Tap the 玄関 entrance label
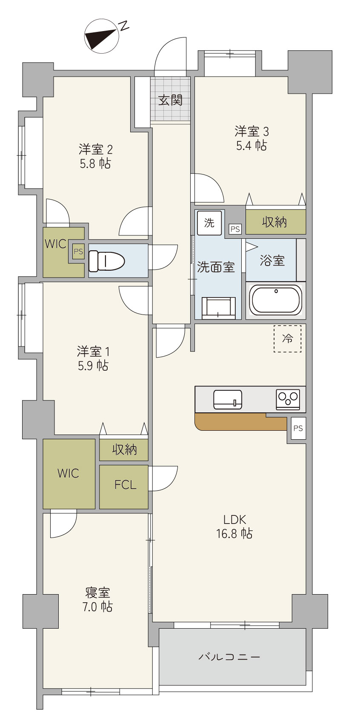pos(170,100)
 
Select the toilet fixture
pos(106,261)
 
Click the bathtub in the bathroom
pos(276,300)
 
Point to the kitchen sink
pos(228,400)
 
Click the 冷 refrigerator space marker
pos(288,338)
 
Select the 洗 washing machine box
pos(209,223)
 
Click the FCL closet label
pos(126,485)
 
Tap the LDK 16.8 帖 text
pos(234,527)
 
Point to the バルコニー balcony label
pos(229,656)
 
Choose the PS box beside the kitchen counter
pos(298,428)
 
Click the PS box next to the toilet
pos(78,252)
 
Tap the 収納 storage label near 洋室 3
pos(274,222)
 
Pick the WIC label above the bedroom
pos(68,473)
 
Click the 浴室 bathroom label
pos(272,260)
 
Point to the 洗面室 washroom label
pos(216,267)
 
